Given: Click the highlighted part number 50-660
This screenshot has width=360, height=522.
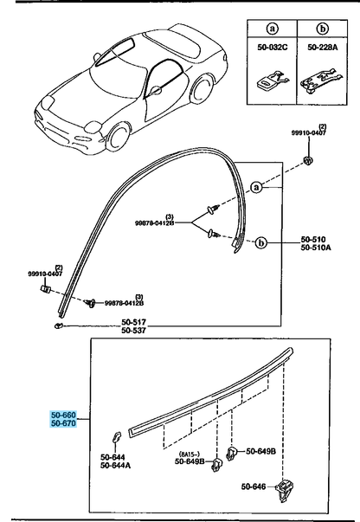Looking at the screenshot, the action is coord(63,416).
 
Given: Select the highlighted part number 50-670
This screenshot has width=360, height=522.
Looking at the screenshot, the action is coord(63,423).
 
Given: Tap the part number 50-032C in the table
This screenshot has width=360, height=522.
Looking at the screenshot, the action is coord(272,48).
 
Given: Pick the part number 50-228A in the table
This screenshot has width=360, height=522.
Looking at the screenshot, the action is coord(323,48).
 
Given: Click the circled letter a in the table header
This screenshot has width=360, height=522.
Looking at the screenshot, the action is coord(272,29).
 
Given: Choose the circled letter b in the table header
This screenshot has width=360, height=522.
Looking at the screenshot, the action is coord(323,29).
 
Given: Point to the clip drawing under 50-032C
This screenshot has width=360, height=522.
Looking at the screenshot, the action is coord(272,81).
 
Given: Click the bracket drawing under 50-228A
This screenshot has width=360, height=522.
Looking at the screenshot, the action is coord(321,82).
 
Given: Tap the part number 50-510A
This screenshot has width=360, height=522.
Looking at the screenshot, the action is coord(316,248).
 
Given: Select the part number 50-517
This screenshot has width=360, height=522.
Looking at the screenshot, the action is coord(133,322).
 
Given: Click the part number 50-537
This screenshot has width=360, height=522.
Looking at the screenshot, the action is coord(133,330).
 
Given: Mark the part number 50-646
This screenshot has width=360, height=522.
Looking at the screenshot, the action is coord(254,487).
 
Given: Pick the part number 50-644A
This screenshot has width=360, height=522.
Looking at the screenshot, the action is coord(115,466).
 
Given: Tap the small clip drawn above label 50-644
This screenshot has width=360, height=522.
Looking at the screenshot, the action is coord(116,437).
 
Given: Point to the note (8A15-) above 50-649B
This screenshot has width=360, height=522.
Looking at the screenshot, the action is coord(190,454).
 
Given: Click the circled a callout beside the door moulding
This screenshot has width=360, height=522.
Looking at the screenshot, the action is coord(256,188).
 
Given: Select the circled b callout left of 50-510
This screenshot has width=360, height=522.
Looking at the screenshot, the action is coord(261,242).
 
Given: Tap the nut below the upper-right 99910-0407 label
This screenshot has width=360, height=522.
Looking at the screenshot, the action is coord(308,161).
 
